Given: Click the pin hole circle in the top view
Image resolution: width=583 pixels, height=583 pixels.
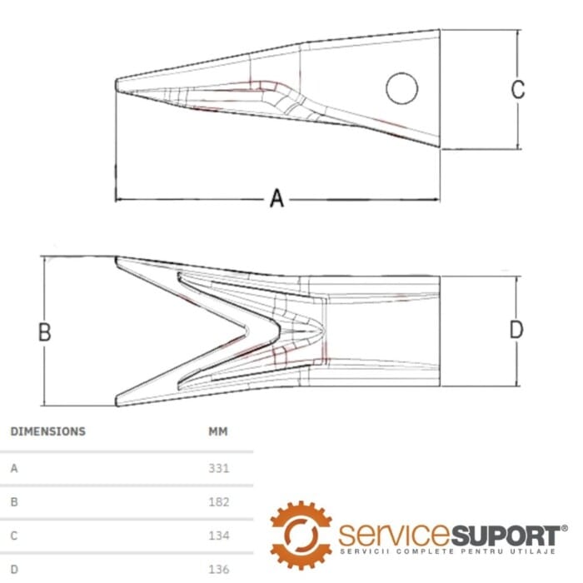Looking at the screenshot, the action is click(x=402, y=73).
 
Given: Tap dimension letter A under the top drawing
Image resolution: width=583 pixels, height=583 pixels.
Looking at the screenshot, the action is click(x=277, y=198).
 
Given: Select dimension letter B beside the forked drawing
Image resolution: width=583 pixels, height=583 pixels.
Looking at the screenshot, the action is click(x=45, y=331).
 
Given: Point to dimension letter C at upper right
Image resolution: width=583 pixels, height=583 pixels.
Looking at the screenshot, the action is click(x=517, y=89).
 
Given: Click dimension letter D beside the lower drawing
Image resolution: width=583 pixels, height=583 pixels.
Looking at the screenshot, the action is click(x=516, y=330).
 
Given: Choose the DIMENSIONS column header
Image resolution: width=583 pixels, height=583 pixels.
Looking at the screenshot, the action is click(x=48, y=431).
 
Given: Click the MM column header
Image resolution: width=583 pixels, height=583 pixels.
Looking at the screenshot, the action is click(x=218, y=431).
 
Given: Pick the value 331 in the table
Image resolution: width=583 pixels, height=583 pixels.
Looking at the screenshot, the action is click(x=218, y=468).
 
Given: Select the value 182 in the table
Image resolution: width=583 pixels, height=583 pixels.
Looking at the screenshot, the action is click(x=218, y=501).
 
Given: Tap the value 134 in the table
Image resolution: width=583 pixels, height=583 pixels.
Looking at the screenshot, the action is click(x=218, y=536).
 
